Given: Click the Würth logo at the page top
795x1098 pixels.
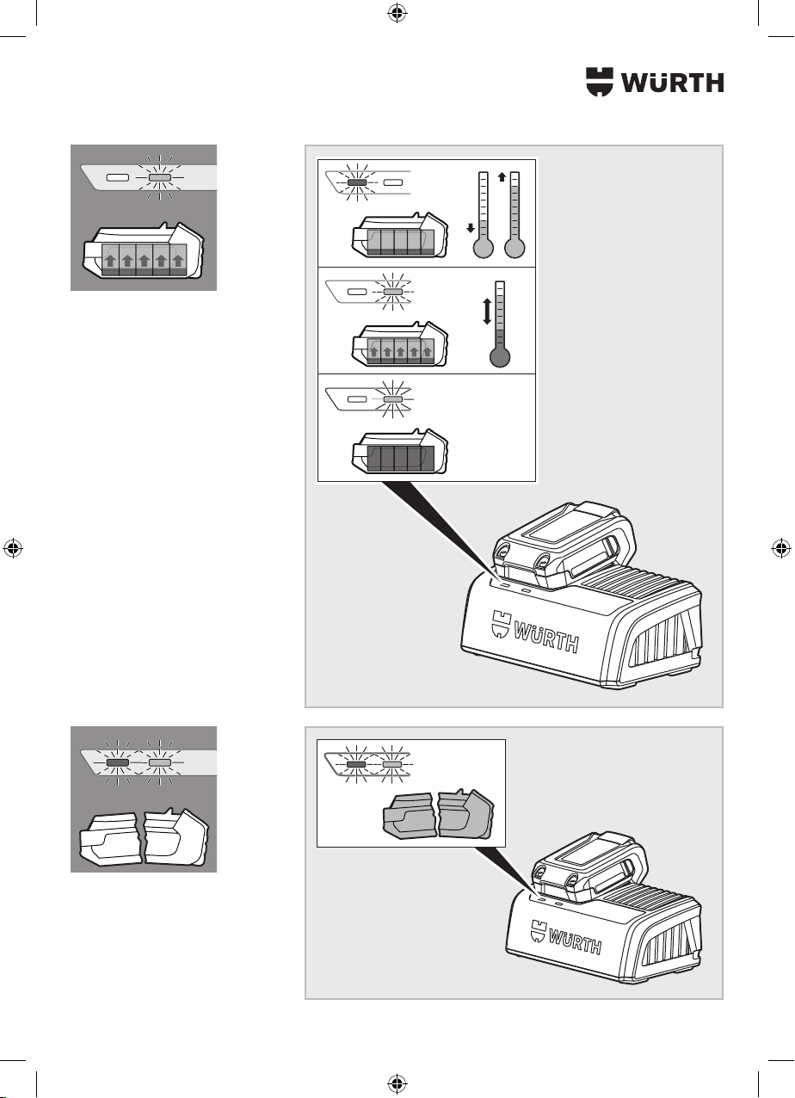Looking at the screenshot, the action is tap(655, 82).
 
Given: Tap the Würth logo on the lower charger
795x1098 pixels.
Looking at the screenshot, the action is tap(566, 937).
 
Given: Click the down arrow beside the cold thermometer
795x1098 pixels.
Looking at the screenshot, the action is tap(471, 227).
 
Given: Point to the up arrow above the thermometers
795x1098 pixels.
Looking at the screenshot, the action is tap(502, 176).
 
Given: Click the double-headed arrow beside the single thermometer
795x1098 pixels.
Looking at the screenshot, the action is tap(487, 312).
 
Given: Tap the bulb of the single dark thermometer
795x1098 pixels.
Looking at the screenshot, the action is tap(500, 357).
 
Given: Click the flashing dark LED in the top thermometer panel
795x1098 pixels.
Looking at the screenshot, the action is tap(357, 182).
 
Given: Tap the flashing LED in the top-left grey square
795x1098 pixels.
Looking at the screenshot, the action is tap(160, 177).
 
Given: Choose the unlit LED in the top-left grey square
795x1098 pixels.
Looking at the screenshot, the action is tap(118, 177).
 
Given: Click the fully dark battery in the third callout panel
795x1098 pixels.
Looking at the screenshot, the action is tap(400, 452).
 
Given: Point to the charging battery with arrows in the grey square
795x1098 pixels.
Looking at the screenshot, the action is tap(144, 251).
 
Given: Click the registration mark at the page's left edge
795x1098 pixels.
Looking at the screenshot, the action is tap(13, 548).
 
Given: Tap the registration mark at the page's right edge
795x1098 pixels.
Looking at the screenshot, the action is tap(780, 548).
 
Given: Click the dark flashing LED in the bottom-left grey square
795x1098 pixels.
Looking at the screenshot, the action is tap(118, 763).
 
